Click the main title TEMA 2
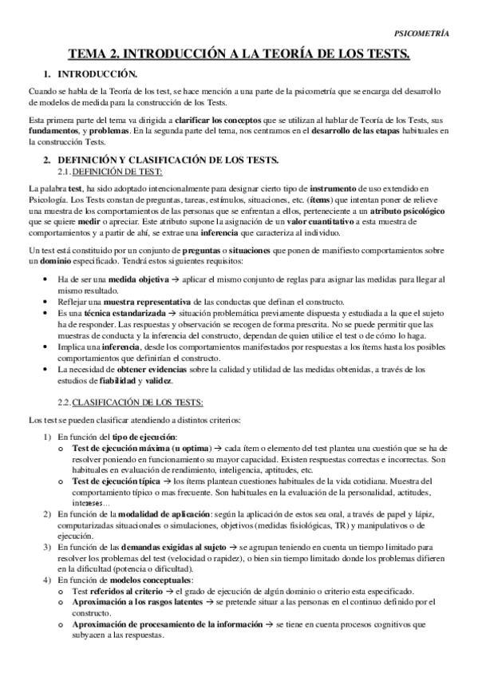point(239,54)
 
